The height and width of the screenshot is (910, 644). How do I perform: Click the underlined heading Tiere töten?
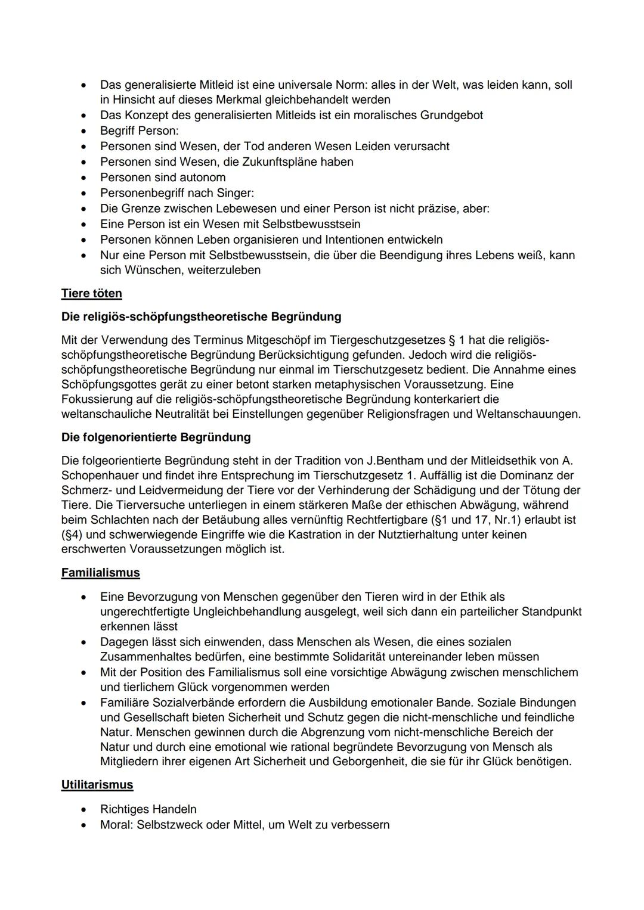91,294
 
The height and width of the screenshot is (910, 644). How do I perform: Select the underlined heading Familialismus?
100,573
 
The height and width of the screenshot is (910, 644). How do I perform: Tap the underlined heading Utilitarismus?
97,785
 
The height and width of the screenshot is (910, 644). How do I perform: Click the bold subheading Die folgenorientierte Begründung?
156,437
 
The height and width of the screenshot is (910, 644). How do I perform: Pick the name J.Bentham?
397,461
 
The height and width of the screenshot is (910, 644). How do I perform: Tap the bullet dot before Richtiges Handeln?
87,810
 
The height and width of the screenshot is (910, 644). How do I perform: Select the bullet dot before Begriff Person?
87,131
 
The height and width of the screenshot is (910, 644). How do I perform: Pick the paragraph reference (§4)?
74,535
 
